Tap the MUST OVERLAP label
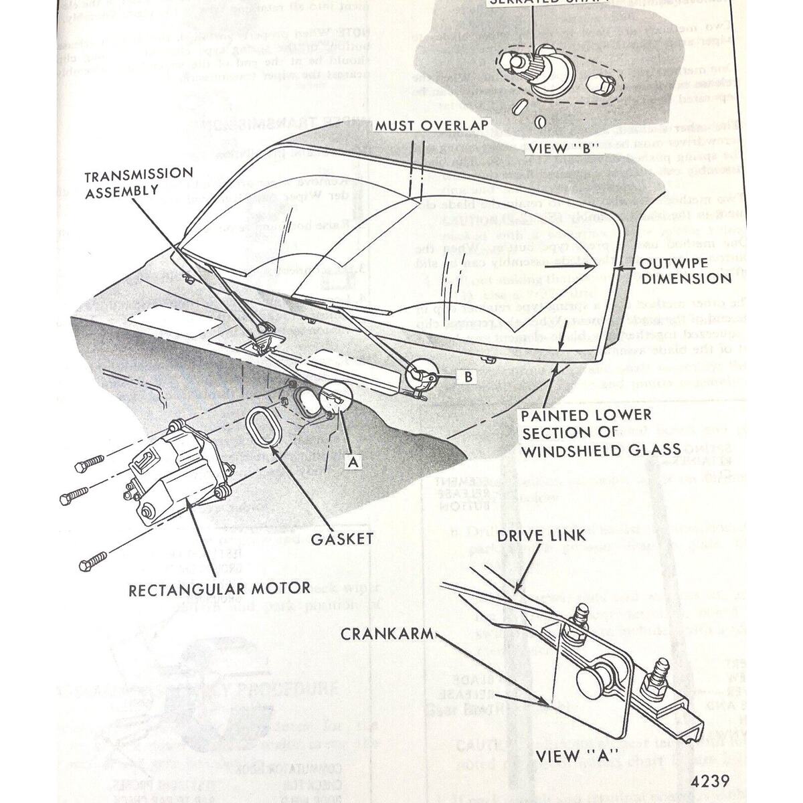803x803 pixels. click(431, 126)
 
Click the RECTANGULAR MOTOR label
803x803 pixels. click(219, 589)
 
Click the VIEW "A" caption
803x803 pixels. click(567, 756)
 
